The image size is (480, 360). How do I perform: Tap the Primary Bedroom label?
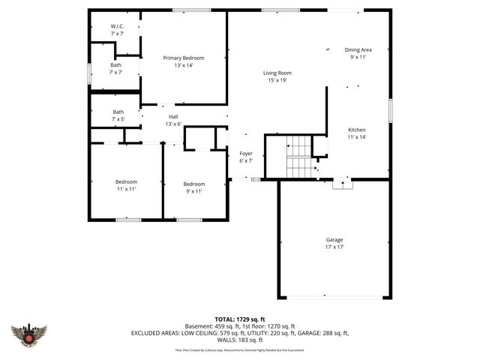[184, 58]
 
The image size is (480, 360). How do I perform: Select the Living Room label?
[277, 73]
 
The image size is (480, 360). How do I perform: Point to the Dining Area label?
[358, 49]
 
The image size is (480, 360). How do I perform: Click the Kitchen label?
[356, 129]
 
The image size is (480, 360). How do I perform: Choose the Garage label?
[334, 240]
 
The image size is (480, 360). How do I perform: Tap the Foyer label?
[246, 154]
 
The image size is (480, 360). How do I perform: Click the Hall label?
[173, 117]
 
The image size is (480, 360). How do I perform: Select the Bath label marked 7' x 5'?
[118, 112]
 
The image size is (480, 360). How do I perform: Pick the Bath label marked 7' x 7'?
[115, 64]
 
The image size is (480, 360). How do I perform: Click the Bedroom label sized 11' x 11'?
[126, 182]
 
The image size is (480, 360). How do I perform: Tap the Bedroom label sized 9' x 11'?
[194, 184]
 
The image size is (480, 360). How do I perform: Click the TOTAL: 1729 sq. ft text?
[240, 319]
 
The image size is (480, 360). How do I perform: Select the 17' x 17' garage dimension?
[334, 247]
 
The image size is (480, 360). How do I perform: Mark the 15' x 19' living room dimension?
[277, 80]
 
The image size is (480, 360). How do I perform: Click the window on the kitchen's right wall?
[390, 110]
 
